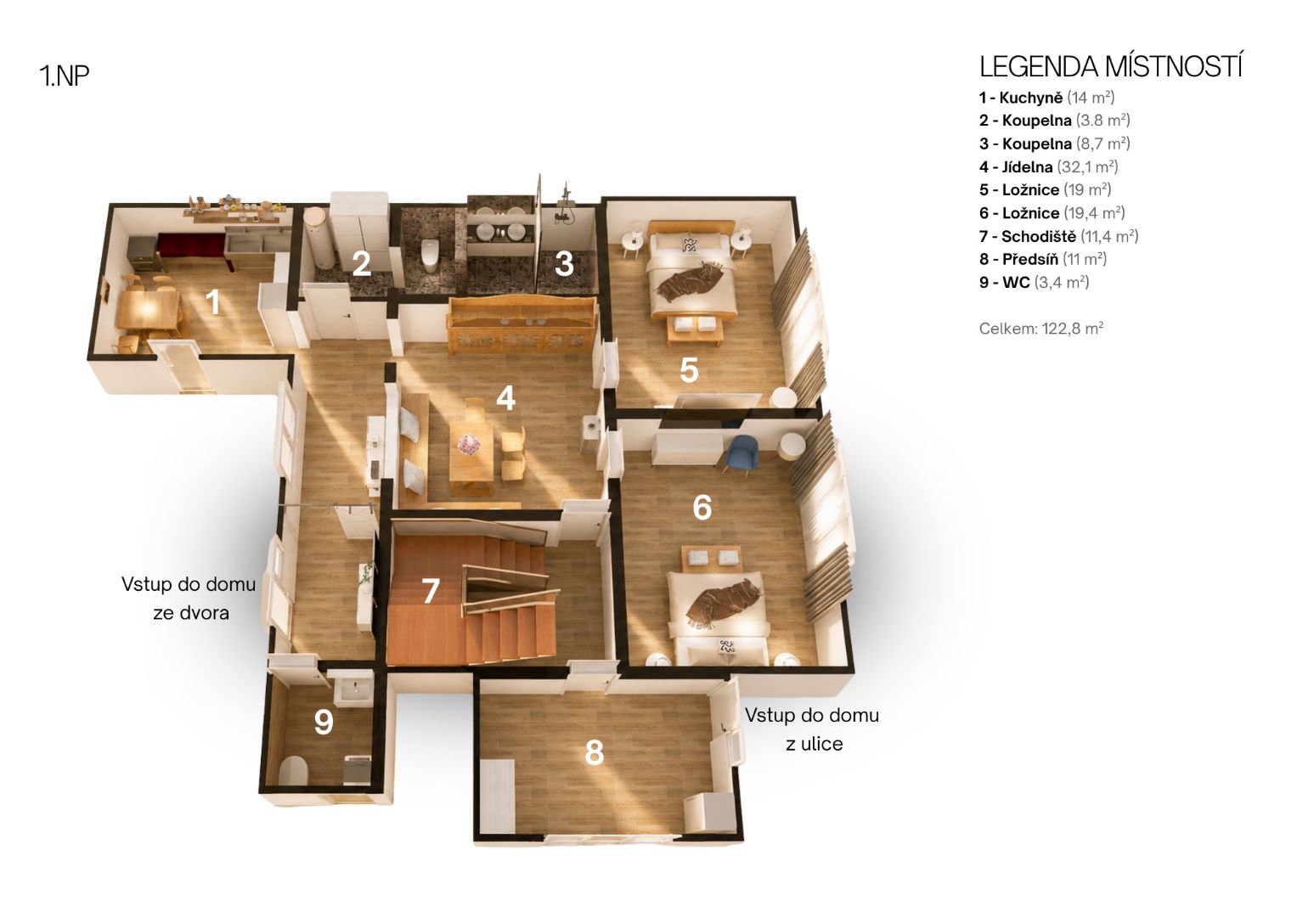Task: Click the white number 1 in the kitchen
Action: pyautogui.click(x=214, y=301)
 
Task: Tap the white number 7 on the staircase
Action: pyautogui.click(x=431, y=591)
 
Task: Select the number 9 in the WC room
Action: pyautogui.click(x=324, y=722)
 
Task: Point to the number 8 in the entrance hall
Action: pyautogui.click(x=595, y=752)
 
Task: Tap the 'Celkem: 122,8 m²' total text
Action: pyautogui.click(x=1041, y=329)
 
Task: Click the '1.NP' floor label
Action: pyautogui.click(x=65, y=76)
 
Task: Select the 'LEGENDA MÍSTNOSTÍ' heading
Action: pyautogui.click(x=1110, y=66)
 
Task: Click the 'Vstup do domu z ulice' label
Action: pyautogui.click(x=812, y=729)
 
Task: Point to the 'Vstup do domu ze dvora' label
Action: pyautogui.click(x=189, y=598)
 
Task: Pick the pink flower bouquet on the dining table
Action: pyautogui.click(x=468, y=445)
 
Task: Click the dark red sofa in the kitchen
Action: pyautogui.click(x=195, y=251)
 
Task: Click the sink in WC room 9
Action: pyautogui.click(x=352, y=689)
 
